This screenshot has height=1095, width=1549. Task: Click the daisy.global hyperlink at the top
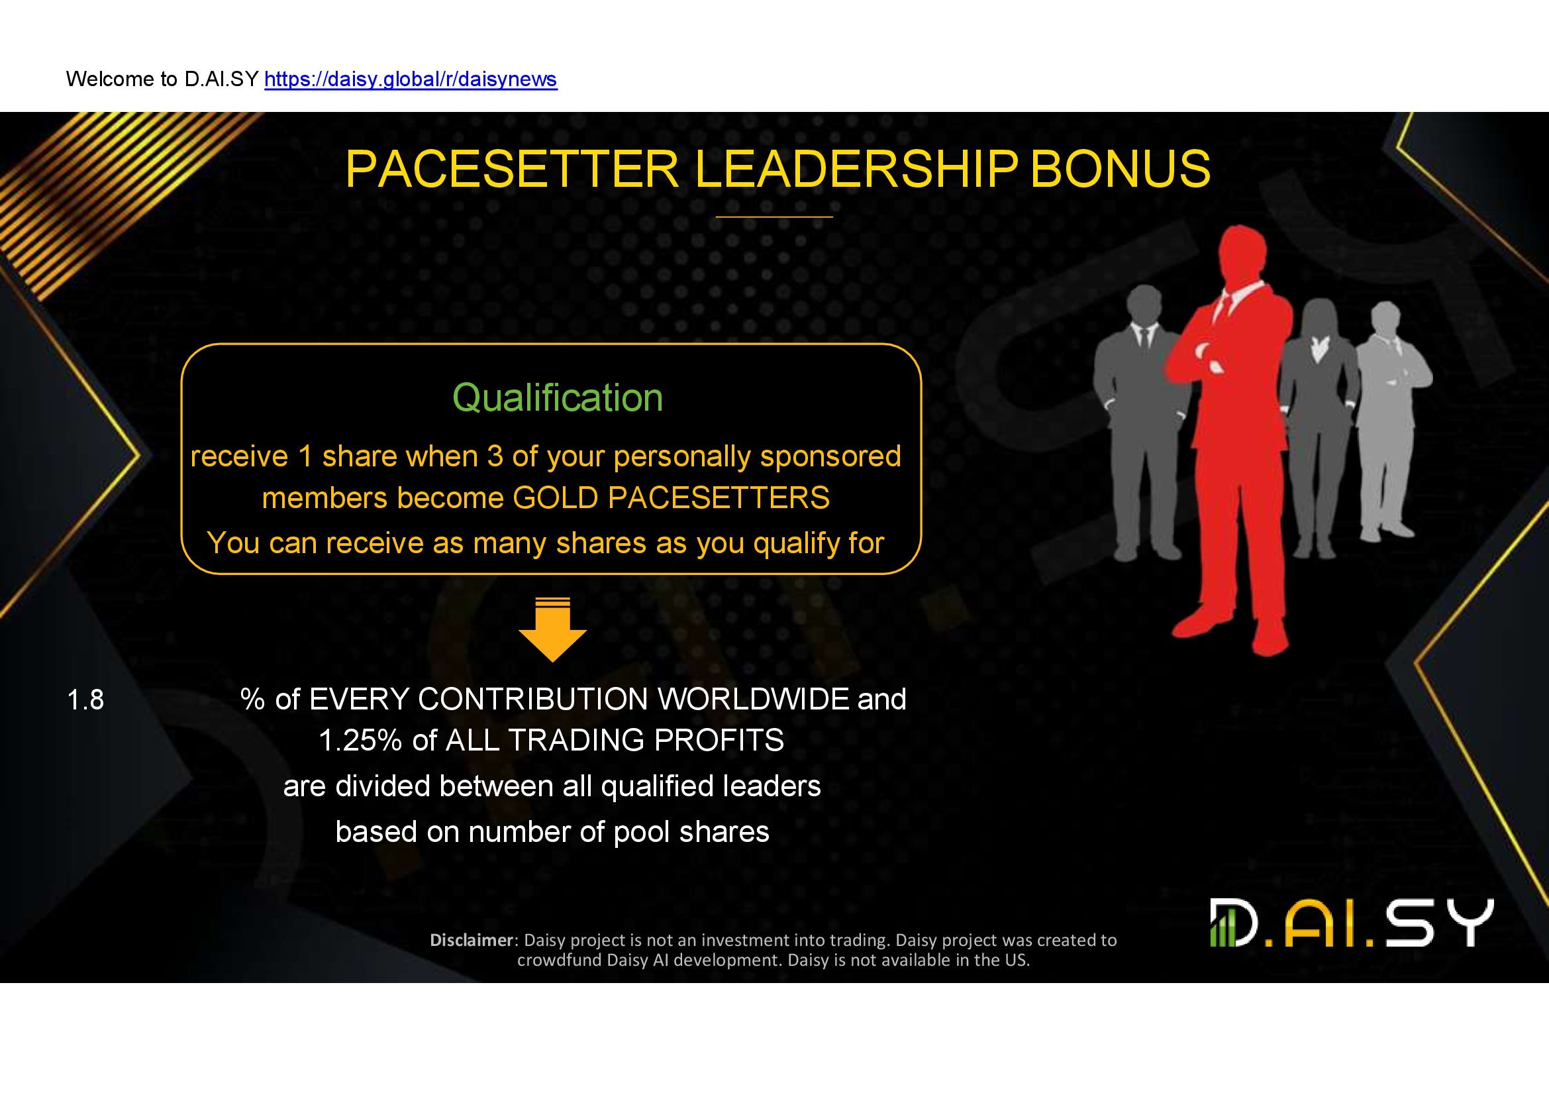click(411, 79)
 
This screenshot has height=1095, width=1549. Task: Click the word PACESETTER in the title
click(512, 169)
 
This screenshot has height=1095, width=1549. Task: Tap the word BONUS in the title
click(1121, 169)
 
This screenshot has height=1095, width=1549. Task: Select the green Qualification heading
click(558, 397)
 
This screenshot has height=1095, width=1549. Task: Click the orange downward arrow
click(552, 629)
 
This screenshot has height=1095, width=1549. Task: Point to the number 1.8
click(85, 700)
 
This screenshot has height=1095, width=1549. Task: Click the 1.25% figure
click(360, 740)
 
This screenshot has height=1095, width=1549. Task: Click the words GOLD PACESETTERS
click(672, 498)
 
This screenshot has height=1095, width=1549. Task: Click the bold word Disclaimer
click(472, 940)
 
